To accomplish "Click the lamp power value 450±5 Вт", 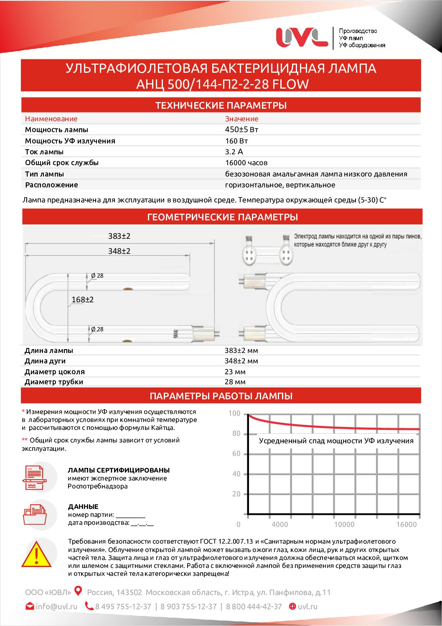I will tap(242, 130).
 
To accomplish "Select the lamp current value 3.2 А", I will tap(234, 152).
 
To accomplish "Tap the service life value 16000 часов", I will tap(246, 163).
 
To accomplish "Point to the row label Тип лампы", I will tap(44, 174).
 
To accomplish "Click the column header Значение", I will tap(241, 119).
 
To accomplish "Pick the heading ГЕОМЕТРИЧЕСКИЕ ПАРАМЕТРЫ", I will tap(222, 217).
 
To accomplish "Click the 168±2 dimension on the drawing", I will tap(82, 299).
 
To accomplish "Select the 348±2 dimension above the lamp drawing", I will tap(119, 251).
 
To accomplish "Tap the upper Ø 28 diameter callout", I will tap(97, 276).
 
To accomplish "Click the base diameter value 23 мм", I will tap(235, 372).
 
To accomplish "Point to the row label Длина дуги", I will tap(45, 361).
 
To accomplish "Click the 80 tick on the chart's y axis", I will tap(236, 434).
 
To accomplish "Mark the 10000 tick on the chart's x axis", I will tap(344, 524).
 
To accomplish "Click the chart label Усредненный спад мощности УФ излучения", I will tap(336, 441).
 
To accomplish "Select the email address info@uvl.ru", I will tap(56, 606).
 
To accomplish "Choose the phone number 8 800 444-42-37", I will tap(254, 606).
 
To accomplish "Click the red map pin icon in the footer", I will tap(78, 591).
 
